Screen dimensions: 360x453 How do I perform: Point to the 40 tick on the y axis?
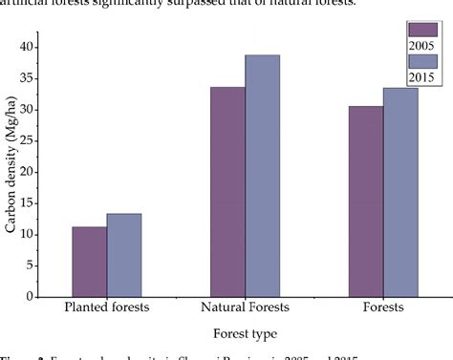point(39,47)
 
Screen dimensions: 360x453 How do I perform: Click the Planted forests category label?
point(106,307)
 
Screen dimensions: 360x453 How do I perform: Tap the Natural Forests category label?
point(245,307)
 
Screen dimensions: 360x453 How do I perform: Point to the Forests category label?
point(383,307)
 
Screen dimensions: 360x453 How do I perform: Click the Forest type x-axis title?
point(246,334)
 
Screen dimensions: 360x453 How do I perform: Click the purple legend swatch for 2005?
point(421,29)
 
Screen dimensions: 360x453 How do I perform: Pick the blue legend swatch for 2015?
point(421,61)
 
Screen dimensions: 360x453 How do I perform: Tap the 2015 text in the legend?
point(421,76)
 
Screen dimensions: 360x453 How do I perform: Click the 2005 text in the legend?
point(421,44)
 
